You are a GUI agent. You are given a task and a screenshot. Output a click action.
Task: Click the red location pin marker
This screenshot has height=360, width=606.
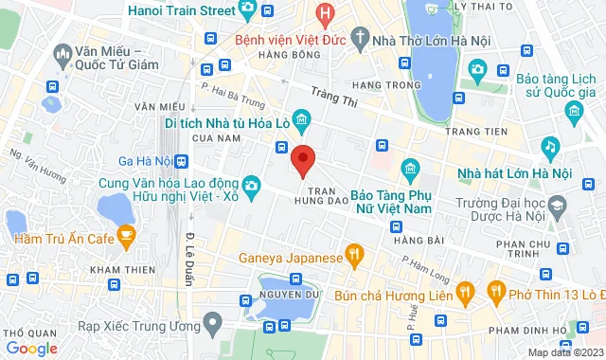click(x=302, y=161)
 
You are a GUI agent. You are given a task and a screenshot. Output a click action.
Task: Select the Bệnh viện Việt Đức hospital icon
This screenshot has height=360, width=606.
click(x=325, y=13)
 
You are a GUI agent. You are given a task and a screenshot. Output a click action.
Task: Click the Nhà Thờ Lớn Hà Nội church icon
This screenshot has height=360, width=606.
click(x=360, y=39)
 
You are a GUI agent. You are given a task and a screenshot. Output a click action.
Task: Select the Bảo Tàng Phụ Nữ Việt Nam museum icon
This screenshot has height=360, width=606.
click(x=410, y=171)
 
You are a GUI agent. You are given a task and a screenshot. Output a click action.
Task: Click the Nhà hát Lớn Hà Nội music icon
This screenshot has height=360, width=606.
click(x=549, y=147)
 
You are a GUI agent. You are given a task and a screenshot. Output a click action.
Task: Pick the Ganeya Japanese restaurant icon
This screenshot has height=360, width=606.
click(x=354, y=253)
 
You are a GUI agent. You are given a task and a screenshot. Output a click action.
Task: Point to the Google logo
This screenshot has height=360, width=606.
click(x=29, y=348)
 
